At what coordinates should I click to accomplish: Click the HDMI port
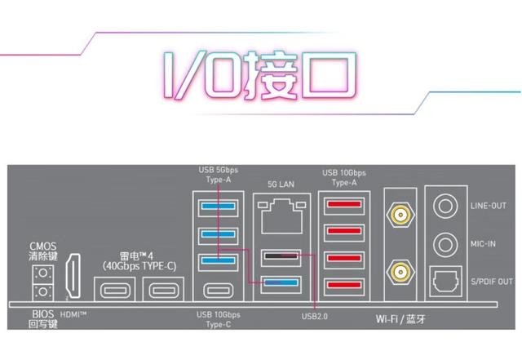[x=72, y=278]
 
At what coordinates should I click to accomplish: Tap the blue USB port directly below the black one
[x=280, y=283]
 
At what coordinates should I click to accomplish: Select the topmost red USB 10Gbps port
[x=344, y=207]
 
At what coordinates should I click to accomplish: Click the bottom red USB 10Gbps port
[x=344, y=285]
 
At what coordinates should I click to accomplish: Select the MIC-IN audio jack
[x=444, y=243]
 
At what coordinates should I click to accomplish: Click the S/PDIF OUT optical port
[x=444, y=281]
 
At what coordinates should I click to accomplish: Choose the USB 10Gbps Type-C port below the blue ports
[x=217, y=289]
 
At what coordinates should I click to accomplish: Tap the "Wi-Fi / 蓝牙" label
[x=401, y=316]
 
